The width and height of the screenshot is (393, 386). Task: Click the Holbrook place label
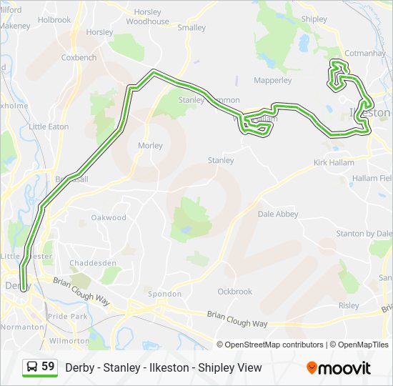(54, 20)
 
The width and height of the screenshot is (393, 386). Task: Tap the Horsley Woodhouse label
(147, 17)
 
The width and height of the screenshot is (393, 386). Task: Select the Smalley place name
(191, 28)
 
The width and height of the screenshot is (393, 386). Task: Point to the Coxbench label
(79, 57)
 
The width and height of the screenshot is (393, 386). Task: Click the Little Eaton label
(49, 127)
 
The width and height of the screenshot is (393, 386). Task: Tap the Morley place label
(150, 146)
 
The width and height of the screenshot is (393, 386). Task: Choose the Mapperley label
(273, 81)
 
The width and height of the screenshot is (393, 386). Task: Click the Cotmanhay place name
(364, 54)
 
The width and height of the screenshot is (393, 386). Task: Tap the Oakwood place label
(109, 218)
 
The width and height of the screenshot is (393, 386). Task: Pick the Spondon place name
(160, 294)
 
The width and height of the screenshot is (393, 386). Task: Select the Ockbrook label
(235, 292)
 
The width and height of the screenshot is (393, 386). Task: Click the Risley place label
(349, 305)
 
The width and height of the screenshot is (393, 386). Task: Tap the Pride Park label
(69, 316)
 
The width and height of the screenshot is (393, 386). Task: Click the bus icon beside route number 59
(32, 367)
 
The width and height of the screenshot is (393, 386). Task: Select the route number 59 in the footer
(48, 367)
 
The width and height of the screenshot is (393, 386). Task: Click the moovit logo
(339, 367)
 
